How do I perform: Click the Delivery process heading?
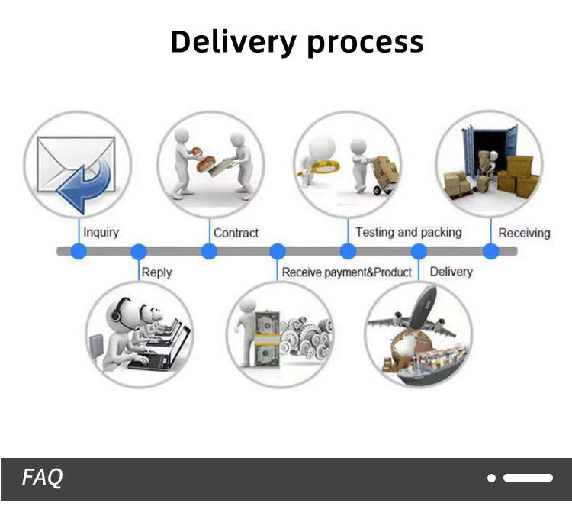[x=297, y=41]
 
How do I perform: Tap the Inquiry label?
[x=101, y=232]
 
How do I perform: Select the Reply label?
[x=156, y=272]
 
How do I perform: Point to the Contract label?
[x=236, y=233]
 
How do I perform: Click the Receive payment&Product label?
[x=346, y=272]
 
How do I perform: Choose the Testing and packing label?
[x=408, y=232]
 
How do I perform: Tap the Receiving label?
[x=524, y=233]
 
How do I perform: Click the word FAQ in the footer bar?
[x=42, y=478]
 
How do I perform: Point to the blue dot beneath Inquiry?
[x=78, y=251]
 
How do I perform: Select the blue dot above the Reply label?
[x=138, y=251]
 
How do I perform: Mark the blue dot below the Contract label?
[x=209, y=251]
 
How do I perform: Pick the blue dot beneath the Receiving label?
[x=491, y=251]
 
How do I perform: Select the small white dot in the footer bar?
[x=492, y=478]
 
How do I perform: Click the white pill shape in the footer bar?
[x=528, y=478]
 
